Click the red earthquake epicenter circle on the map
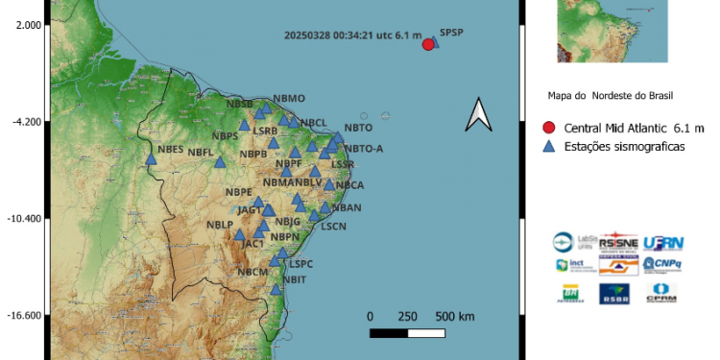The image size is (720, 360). tap(428, 43)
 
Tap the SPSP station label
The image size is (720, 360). tap(451, 33)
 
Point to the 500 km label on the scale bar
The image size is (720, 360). tap(454, 316)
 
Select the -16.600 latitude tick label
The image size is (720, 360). tap(23, 316)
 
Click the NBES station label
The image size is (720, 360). tap(171, 149)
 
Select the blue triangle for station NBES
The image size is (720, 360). tap(151, 159)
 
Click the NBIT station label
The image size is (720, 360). tap(294, 279)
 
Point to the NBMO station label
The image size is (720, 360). tap(289, 98)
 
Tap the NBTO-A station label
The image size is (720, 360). tap(363, 148)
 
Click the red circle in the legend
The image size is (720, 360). tap(548, 128)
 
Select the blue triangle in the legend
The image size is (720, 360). tap(548, 146)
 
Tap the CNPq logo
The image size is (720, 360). tap(662, 263)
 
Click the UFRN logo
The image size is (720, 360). tap(664, 243)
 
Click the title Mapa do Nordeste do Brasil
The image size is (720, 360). tap(610, 96)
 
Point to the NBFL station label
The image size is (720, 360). tap(201, 153)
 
